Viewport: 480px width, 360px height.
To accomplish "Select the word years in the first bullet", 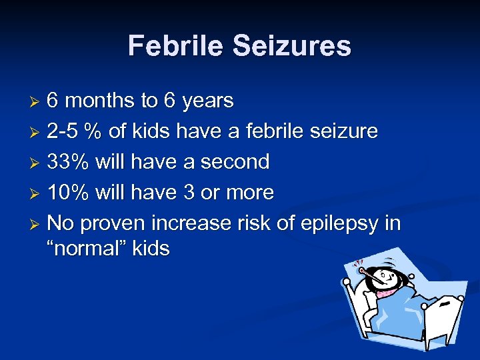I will pyautogui.click(x=208, y=101).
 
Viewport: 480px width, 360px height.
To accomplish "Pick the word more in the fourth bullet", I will pyautogui.click(x=249, y=192).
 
